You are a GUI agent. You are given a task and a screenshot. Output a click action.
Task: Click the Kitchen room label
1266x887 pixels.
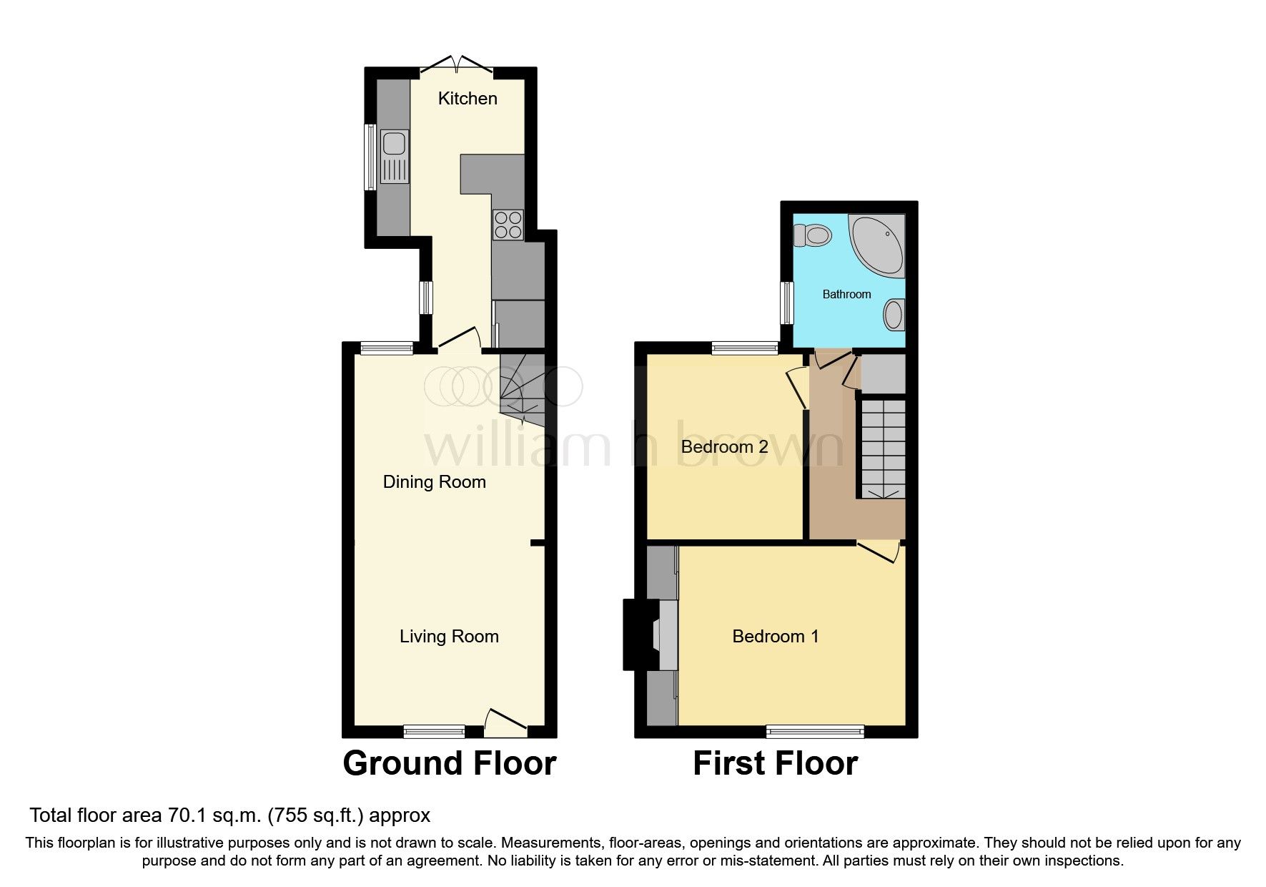(468, 98)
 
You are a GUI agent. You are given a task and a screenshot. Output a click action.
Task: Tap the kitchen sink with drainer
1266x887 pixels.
(394, 157)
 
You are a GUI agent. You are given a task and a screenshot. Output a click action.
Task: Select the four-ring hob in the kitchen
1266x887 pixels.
(508, 225)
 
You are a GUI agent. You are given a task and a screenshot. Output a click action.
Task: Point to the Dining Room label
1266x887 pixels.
(434, 481)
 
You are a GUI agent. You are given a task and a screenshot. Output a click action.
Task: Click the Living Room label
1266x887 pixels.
(449, 636)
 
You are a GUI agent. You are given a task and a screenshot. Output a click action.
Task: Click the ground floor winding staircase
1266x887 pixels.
(522, 390)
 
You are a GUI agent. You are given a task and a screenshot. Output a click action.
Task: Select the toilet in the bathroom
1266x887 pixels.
(812, 235)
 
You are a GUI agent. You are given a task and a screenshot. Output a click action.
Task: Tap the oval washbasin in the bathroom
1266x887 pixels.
(894, 315)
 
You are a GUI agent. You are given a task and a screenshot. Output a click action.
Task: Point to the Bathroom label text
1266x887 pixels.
(846, 294)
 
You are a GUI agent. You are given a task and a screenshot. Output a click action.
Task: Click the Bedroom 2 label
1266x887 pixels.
(724, 446)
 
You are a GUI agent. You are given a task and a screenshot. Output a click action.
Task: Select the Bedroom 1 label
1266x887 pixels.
(776, 636)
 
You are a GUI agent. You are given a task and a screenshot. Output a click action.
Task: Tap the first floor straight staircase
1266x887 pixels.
(882, 449)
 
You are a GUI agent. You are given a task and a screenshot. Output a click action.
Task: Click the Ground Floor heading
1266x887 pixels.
(449, 763)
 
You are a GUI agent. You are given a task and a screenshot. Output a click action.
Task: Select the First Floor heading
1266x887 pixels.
(775, 763)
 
